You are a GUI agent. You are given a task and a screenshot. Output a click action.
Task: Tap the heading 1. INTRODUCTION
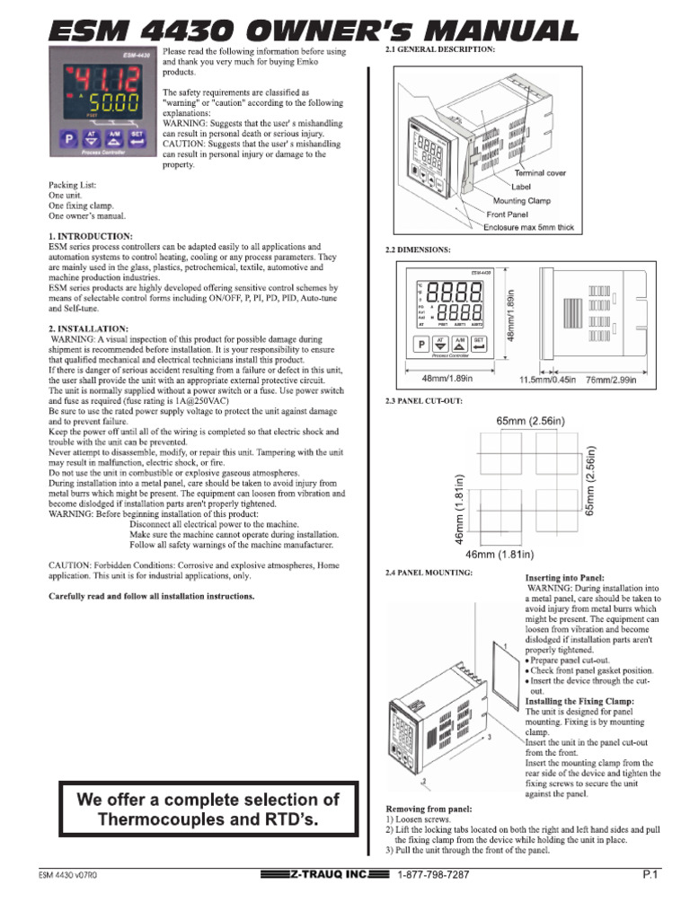[90, 236]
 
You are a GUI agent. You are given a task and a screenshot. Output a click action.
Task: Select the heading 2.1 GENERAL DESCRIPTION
[439, 50]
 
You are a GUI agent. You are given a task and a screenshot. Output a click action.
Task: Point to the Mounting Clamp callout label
[534, 201]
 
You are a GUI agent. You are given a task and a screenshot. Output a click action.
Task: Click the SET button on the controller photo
[137, 138]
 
